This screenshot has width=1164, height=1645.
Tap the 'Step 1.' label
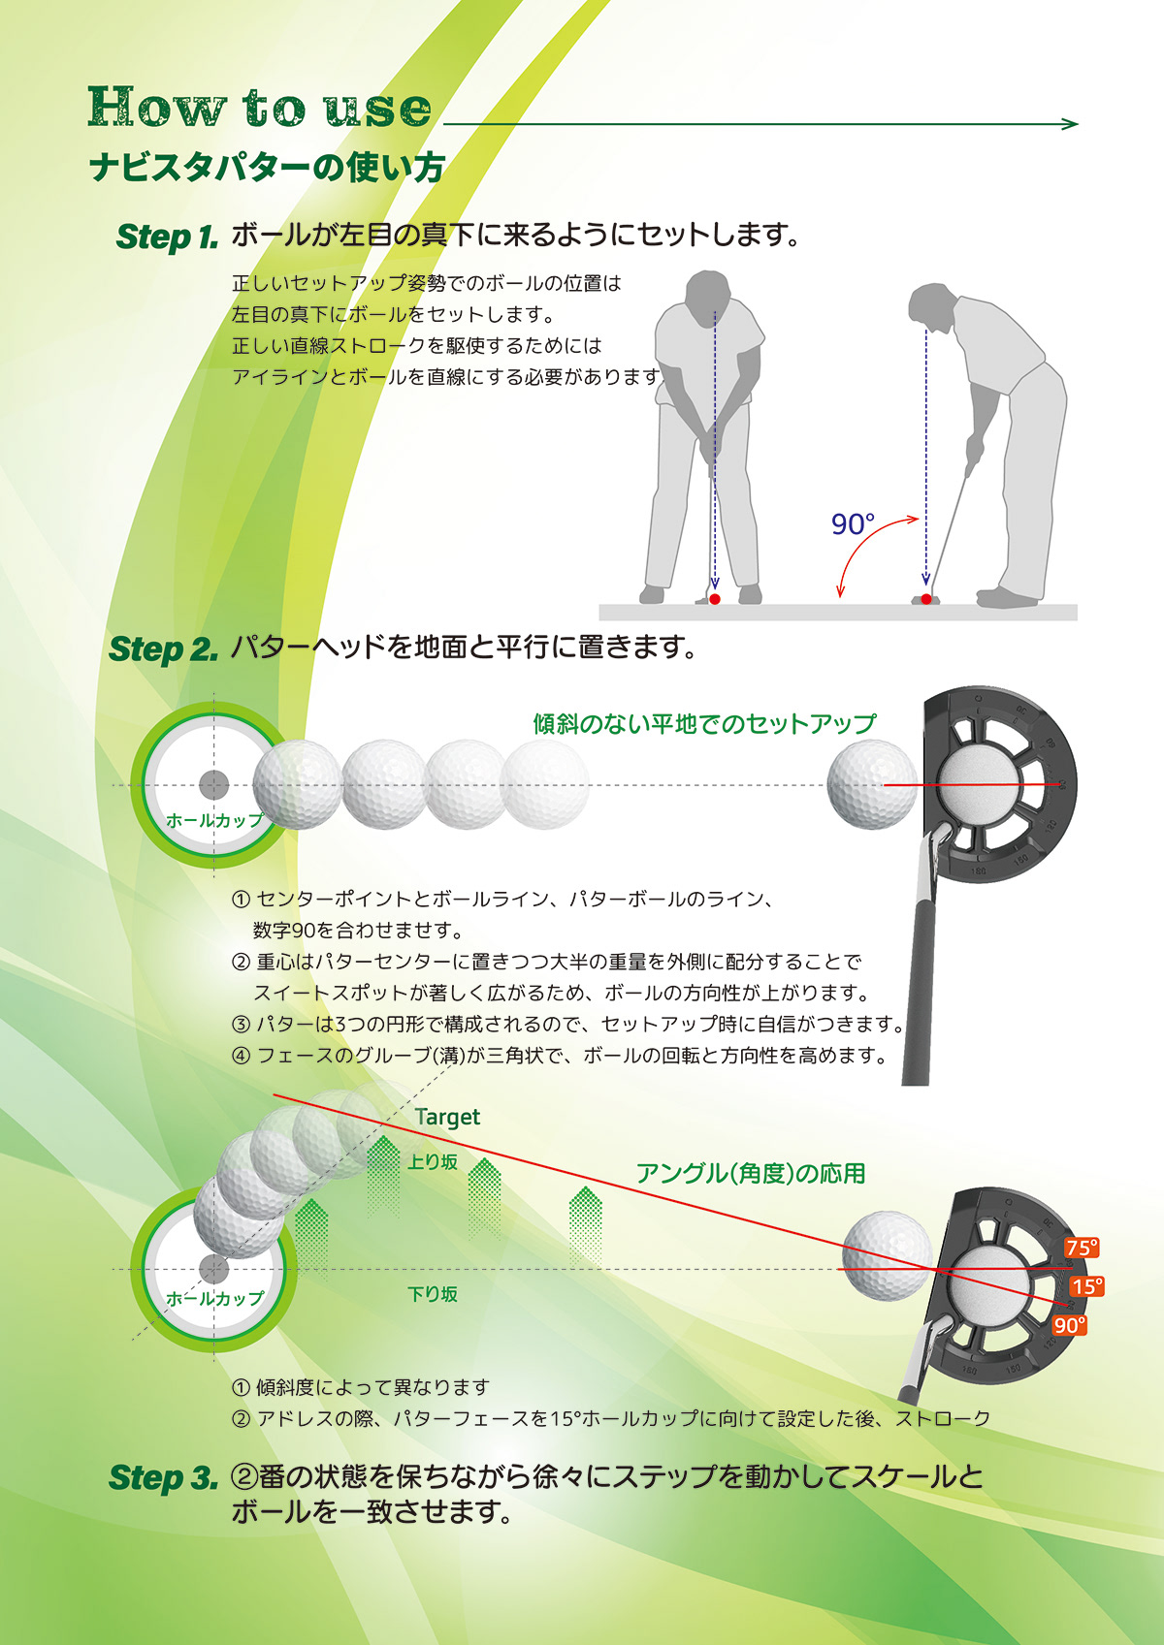(166, 237)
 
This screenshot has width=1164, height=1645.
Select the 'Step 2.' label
(163, 649)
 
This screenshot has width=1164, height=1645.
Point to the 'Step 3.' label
(163, 1477)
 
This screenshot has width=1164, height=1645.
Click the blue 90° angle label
(853, 524)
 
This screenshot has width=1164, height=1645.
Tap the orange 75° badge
(1082, 1248)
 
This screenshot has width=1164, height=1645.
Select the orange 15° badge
(1087, 1286)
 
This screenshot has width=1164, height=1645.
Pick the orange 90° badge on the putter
(1070, 1325)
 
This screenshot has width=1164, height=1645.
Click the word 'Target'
(447, 1117)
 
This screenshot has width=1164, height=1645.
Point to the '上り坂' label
(433, 1161)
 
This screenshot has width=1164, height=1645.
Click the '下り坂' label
(433, 1294)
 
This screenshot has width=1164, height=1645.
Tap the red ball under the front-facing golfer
(715, 599)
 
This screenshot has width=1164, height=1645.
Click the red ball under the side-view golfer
(926, 599)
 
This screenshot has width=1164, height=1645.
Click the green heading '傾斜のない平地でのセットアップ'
(704, 724)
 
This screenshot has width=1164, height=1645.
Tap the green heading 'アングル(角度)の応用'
(750, 1173)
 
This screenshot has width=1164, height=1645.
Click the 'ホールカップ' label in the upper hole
(214, 820)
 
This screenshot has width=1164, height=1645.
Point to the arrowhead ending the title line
(1071, 124)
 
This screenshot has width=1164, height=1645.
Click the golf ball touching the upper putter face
(871, 784)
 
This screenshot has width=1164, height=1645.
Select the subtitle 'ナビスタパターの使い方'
(267, 168)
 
